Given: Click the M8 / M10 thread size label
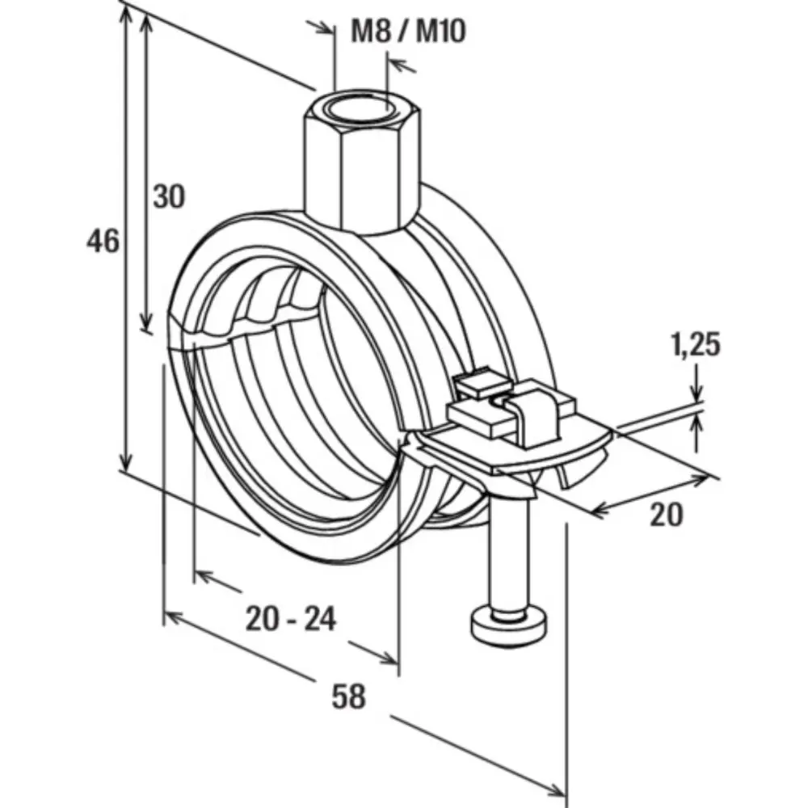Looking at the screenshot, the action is [x=408, y=31].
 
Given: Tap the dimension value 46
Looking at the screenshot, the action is [x=103, y=241].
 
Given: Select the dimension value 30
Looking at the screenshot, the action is [x=169, y=197].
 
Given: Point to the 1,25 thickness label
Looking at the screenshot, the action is [x=695, y=345].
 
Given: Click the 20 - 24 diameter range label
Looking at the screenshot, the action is [x=291, y=619].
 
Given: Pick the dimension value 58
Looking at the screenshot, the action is [x=349, y=696].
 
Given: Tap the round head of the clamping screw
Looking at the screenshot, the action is [x=509, y=624].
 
